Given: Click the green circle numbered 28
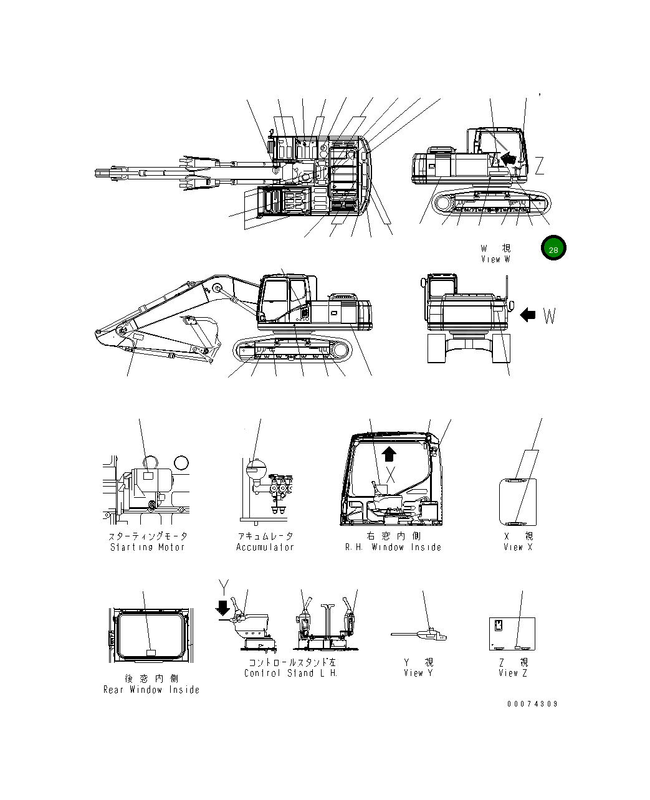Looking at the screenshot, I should click(x=553, y=249).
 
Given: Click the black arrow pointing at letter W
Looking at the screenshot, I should click(x=528, y=315).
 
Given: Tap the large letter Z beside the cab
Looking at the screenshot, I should click(x=540, y=166).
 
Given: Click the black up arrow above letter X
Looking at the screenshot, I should click(x=389, y=453).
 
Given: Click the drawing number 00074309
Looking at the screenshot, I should click(x=532, y=704).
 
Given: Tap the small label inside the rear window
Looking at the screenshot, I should click(x=151, y=652).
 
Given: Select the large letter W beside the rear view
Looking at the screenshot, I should click(x=549, y=316).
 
